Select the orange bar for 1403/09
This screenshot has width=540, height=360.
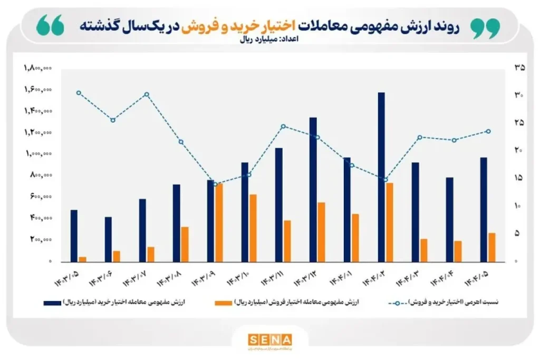(x=218, y=222)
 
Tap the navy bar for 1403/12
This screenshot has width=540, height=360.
(x=313, y=189)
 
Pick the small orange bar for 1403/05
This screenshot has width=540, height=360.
(x=82, y=258)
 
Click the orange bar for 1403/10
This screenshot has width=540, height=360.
(x=253, y=228)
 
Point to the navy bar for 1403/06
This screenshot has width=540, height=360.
(x=108, y=239)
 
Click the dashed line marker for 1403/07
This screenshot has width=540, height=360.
(x=147, y=94)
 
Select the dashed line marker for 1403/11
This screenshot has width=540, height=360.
(x=283, y=127)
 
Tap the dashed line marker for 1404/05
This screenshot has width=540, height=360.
(x=488, y=131)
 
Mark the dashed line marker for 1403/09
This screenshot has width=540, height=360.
(x=215, y=184)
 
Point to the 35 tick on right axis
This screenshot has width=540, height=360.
(x=519, y=68)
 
